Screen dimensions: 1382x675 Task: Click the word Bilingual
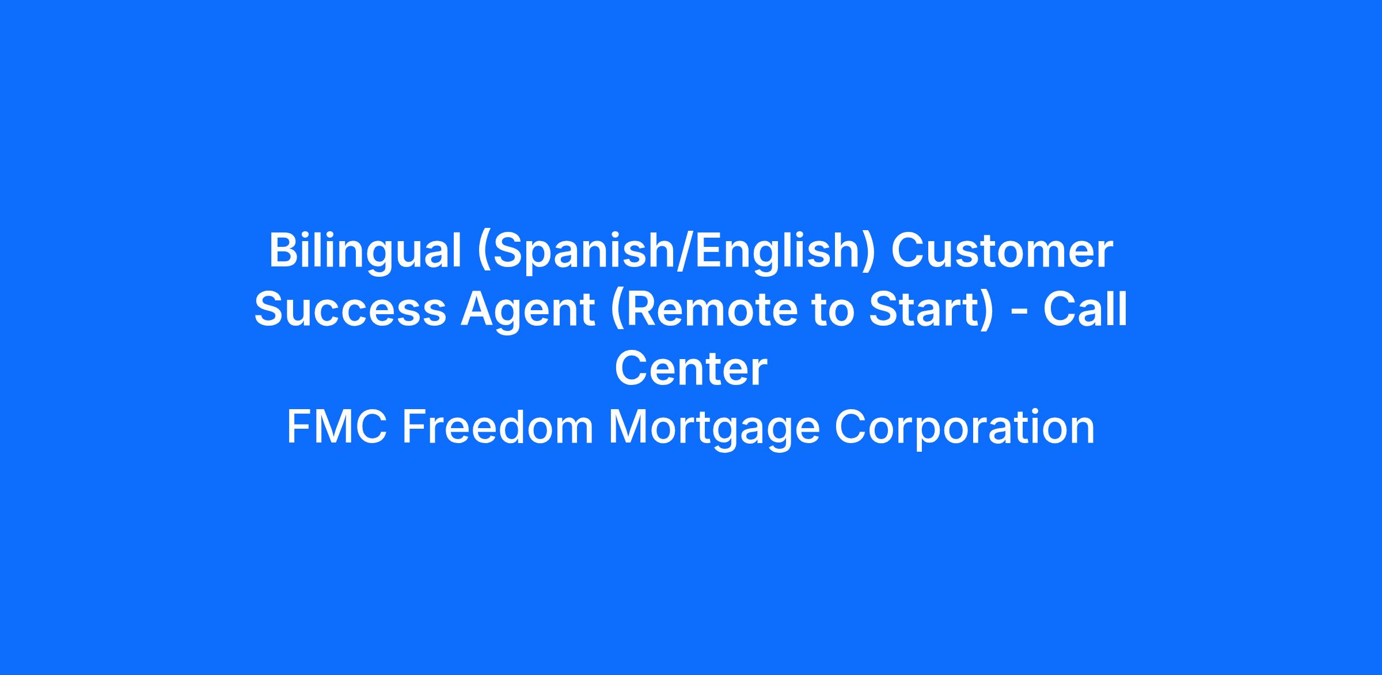pyautogui.click(x=365, y=251)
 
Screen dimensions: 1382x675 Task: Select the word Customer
pyautogui.click(x=1002, y=251)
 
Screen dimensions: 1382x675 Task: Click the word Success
pyautogui.click(x=350, y=310)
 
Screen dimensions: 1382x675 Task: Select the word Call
pyautogui.click(x=1085, y=309)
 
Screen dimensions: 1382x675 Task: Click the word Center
pyautogui.click(x=691, y=368)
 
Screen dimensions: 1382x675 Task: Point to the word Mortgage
pyautogui.click(x=714, y=429)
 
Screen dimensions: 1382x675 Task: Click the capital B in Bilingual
pyautogui.click(x=284, y=251)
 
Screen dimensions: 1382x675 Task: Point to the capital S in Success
pyautogui.click(x=270, y=310)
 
